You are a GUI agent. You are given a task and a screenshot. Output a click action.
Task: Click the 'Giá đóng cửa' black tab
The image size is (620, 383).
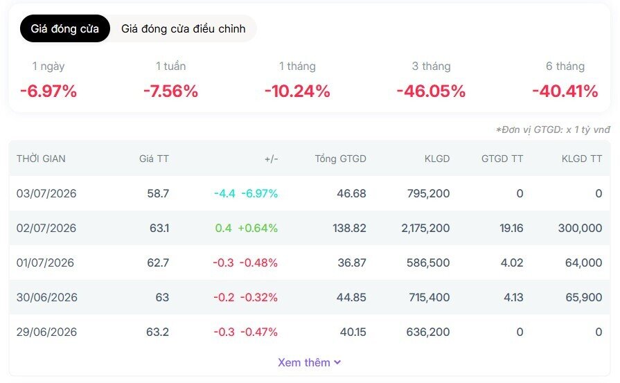coord(65,28)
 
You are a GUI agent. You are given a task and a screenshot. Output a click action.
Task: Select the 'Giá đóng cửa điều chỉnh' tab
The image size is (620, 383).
coord(183,28)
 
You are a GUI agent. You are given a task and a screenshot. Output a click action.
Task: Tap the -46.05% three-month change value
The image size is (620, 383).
coord(431,91)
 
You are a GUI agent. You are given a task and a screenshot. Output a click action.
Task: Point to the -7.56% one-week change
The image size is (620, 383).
coord(170,91)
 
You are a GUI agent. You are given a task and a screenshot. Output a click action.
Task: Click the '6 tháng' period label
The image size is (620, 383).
coord(565,66)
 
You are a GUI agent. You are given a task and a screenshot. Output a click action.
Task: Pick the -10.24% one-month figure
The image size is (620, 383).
coord(297,91)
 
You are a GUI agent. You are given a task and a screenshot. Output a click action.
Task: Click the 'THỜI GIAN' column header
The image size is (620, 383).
coord(41,159)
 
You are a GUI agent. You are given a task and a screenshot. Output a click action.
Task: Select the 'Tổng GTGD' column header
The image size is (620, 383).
coord(340,159)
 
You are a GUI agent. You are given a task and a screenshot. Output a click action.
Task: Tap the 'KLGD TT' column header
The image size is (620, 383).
coord(582,159)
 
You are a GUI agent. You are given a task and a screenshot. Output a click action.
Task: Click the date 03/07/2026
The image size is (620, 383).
coord(46,193)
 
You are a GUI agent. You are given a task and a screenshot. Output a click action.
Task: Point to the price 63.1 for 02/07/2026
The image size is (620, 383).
coord(159,228)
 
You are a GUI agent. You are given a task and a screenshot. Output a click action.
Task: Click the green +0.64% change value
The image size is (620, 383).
coord(258,228)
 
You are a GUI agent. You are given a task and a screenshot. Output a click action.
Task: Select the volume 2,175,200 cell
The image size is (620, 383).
coord(425,228)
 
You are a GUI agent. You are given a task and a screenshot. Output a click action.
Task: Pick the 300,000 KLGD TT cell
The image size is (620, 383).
coord(580,228)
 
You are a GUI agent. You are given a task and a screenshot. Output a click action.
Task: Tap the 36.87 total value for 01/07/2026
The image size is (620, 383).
coord(352,262)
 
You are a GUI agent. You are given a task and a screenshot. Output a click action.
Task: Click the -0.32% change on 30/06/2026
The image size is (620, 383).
coord(259,297)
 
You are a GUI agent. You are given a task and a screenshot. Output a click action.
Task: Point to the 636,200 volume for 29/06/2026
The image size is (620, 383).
coord(428,332)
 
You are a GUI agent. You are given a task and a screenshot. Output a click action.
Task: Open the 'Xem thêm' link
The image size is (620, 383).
coord(309,362)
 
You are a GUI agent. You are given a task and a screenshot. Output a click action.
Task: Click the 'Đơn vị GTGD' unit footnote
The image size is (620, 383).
coord(553,130)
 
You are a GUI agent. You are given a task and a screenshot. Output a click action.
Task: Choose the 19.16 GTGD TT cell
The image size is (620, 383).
coord(511,228)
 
